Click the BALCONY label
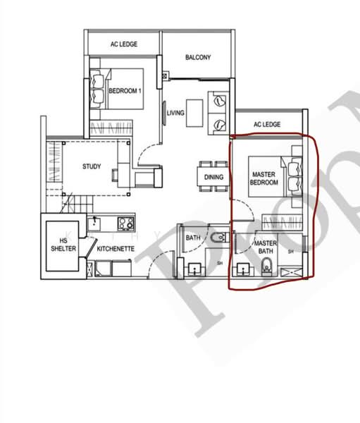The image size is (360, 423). (x=198, y=57)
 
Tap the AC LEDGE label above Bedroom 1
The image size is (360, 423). (x=123, y=44)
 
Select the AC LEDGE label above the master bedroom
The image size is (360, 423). (x=266, y=125)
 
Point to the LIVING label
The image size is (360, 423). (x=175, y=113)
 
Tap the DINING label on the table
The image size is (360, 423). (x=213, y=178)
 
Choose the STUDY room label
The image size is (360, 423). (x=91, y=167)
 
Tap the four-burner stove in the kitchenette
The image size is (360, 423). (x=126, y=224)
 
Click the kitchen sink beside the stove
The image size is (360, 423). (x=99, y=223)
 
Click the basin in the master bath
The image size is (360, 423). (x=244, y=269)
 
